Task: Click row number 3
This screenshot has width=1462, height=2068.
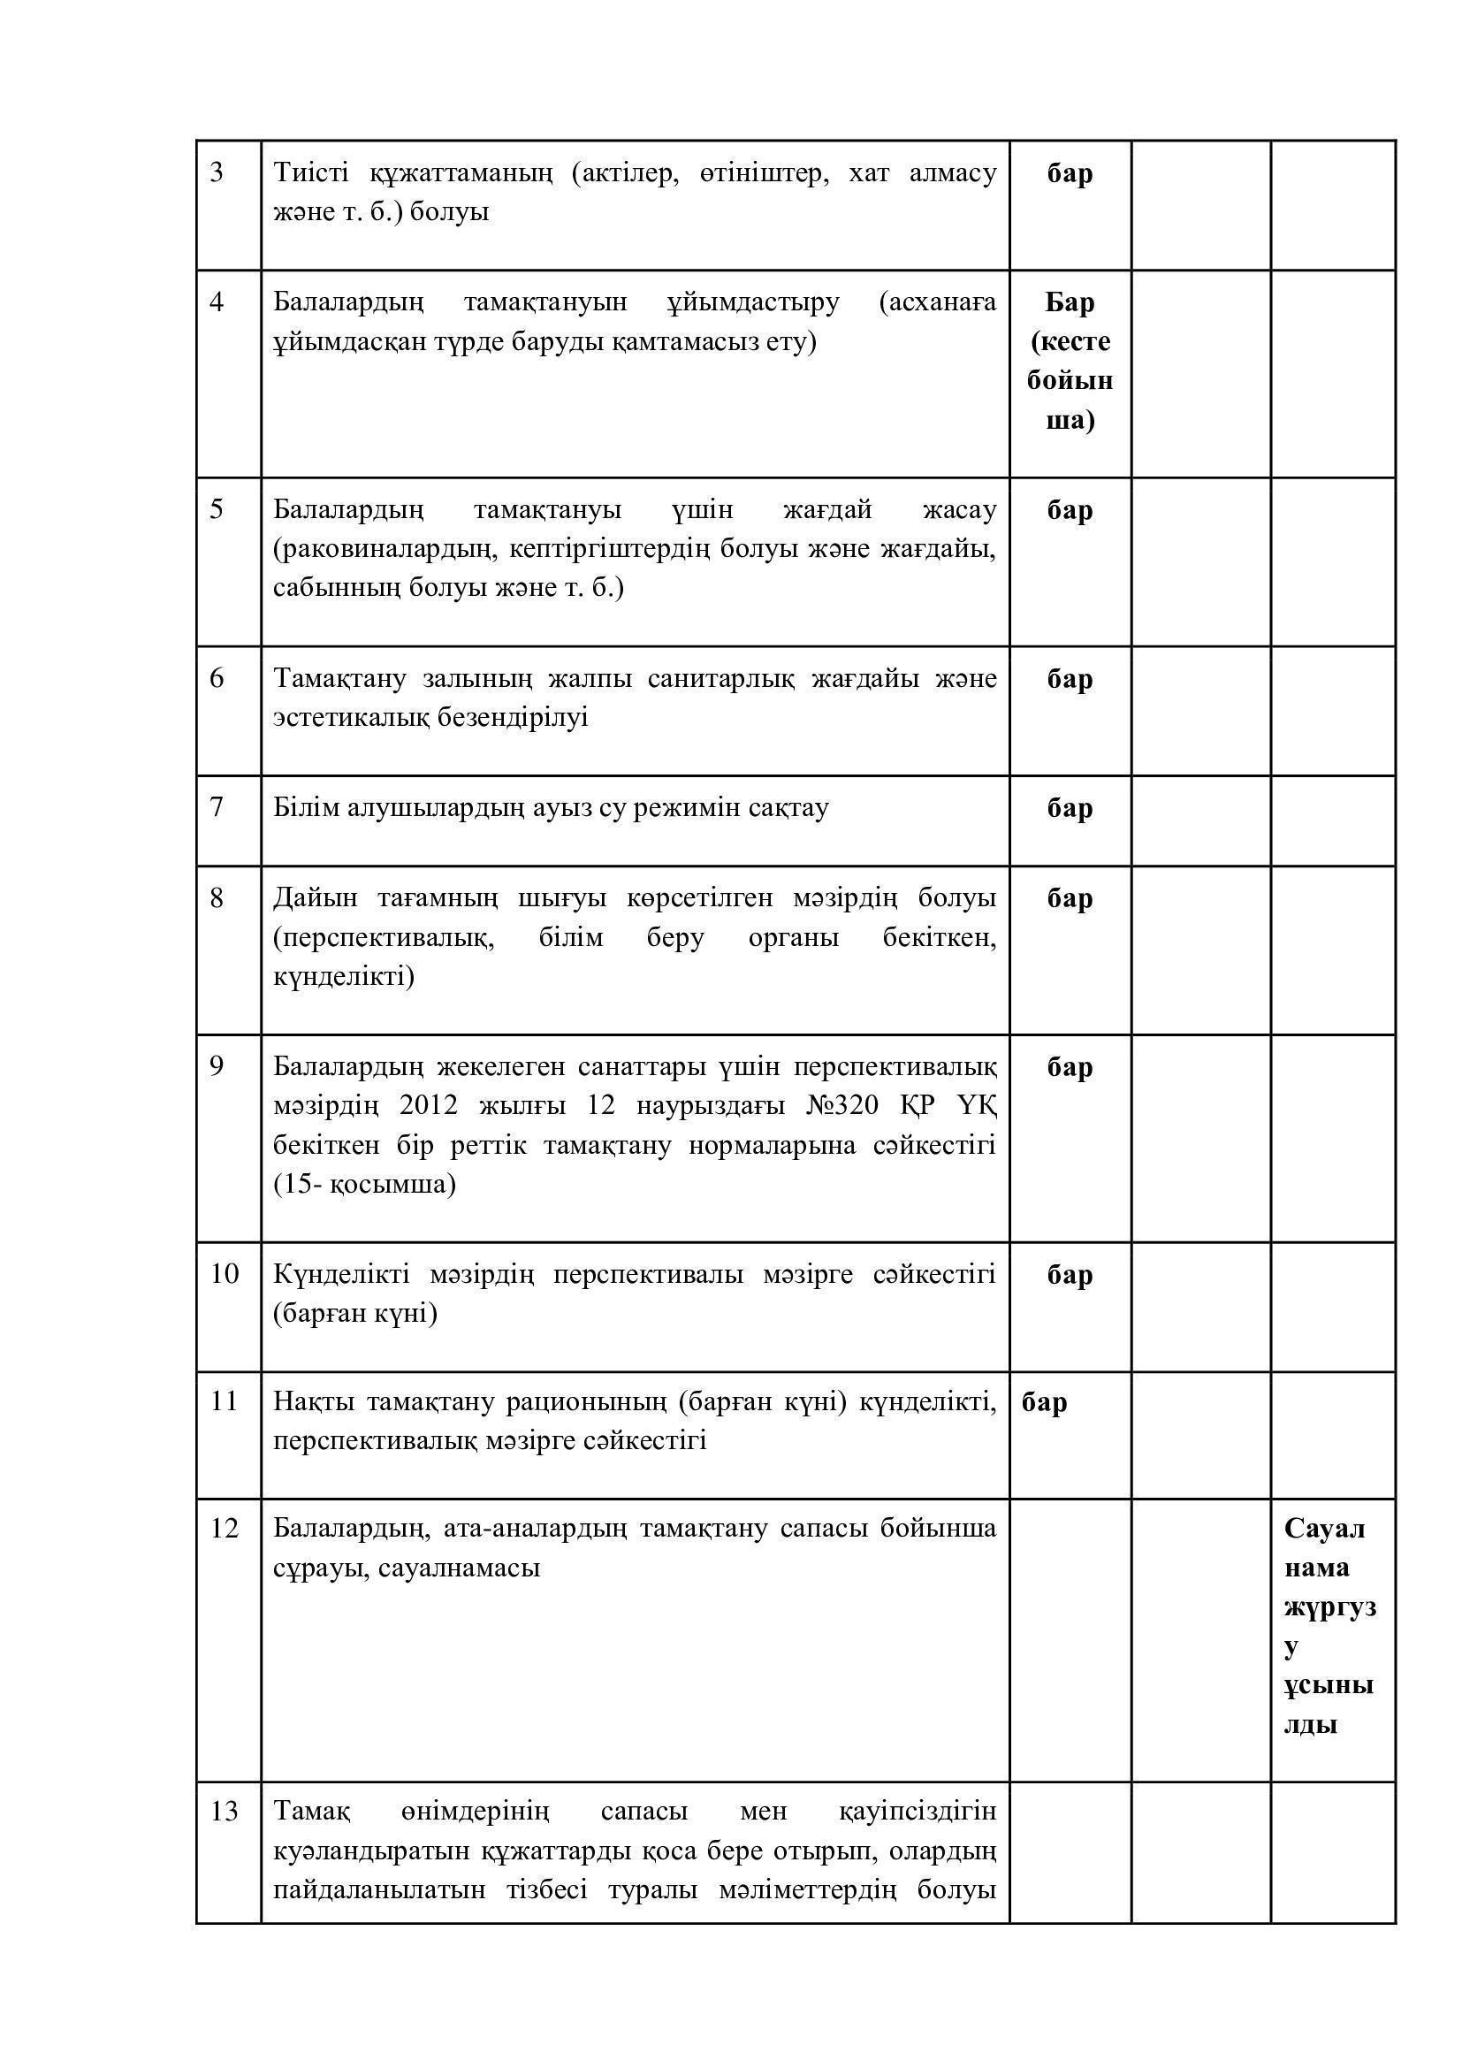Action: [216, 172]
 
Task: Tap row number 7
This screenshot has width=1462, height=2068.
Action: [216, 807]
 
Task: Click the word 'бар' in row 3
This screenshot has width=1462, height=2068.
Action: [1070, 173]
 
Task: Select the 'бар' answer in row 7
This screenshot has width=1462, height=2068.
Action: [1070, 808]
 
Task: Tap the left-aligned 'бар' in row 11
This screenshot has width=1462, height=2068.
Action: [1044, 1402]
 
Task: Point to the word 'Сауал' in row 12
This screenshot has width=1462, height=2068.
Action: [1324, 1529]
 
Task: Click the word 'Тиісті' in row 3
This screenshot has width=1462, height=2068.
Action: [309, 172]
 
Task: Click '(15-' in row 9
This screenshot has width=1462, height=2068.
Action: [297, 1185]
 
